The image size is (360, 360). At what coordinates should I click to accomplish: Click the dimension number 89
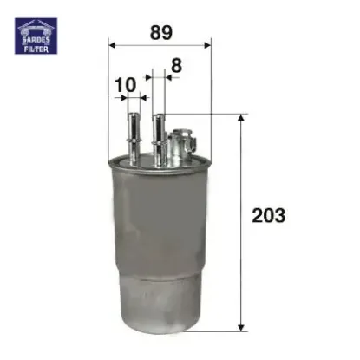coord(160,32)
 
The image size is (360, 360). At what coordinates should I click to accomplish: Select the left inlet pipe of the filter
coord(133,130)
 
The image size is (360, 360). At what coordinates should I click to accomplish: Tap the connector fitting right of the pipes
coord(182,143)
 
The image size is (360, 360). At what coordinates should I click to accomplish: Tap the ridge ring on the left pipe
coord(133,121)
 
